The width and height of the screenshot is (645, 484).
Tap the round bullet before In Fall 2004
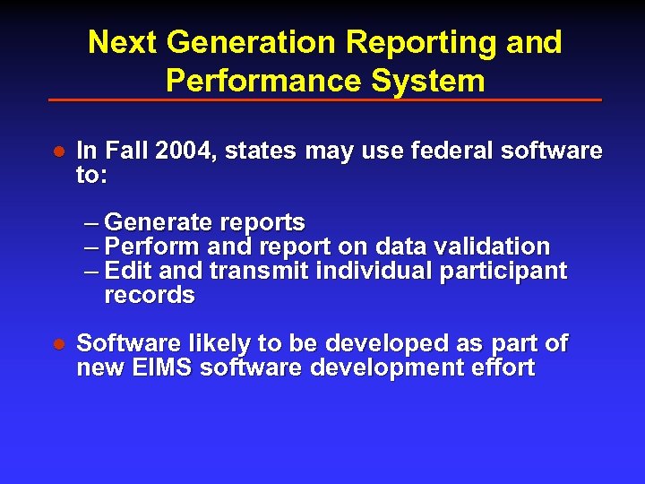pos(57,151)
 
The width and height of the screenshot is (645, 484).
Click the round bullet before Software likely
pos(57,344)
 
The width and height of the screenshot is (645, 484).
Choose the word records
pos(149,295)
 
